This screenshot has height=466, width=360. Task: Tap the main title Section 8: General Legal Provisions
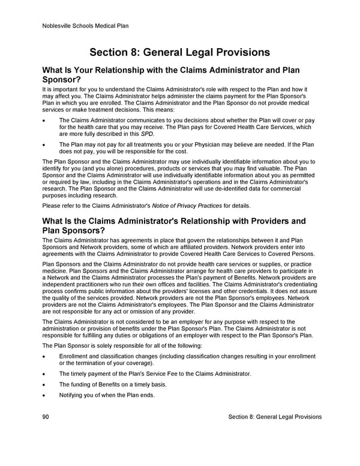coord(179,52)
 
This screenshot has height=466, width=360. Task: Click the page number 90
coord(46,417)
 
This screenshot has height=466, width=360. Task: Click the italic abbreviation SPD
coord(147,134)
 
